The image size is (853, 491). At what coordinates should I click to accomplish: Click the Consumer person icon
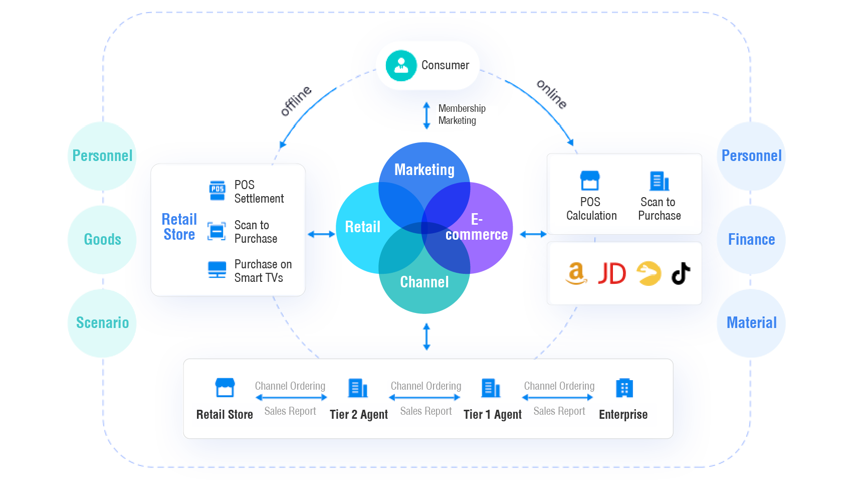[x=401, y=66]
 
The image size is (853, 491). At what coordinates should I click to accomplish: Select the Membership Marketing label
[x=462, y=115]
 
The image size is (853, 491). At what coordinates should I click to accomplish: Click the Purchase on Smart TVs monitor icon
[x=217, y=270]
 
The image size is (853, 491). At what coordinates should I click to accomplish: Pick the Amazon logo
[x=576, y=273]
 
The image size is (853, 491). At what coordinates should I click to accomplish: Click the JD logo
[x=612, y=273]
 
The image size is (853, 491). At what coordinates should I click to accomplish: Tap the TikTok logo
[x=681, y=273]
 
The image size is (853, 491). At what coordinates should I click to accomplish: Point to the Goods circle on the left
[x=102, y=239]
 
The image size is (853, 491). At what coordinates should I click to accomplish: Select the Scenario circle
[x=102, y=322]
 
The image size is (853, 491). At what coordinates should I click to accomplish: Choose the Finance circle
[x=751, y=239]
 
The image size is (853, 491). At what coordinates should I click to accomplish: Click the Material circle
[x=751, y=322]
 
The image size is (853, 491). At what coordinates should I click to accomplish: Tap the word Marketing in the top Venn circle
[x=424, y=170]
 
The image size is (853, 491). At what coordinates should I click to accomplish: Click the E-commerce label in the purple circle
[x=476, y=227]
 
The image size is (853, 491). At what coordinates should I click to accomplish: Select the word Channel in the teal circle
[x=424, y=282]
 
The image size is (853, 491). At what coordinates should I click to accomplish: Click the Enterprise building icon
[x=624, y=388]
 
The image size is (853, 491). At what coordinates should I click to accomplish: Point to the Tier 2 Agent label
[x=359, y=415]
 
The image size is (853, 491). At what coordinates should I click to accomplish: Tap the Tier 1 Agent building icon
[x=491, y=388]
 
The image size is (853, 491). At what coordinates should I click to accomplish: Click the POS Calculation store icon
[x=590, y=181]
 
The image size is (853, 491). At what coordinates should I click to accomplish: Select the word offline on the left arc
[x=296, y=100]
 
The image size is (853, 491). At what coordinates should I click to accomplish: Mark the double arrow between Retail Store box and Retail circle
[x=321, y=234]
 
